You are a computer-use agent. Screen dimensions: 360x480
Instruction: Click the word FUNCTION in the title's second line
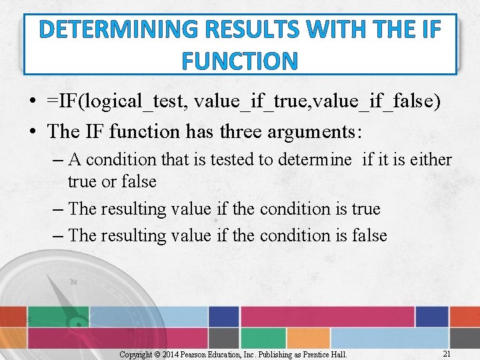coord(239,61)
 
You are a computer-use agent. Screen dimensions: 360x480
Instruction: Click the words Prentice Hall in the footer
coord(324,354)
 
